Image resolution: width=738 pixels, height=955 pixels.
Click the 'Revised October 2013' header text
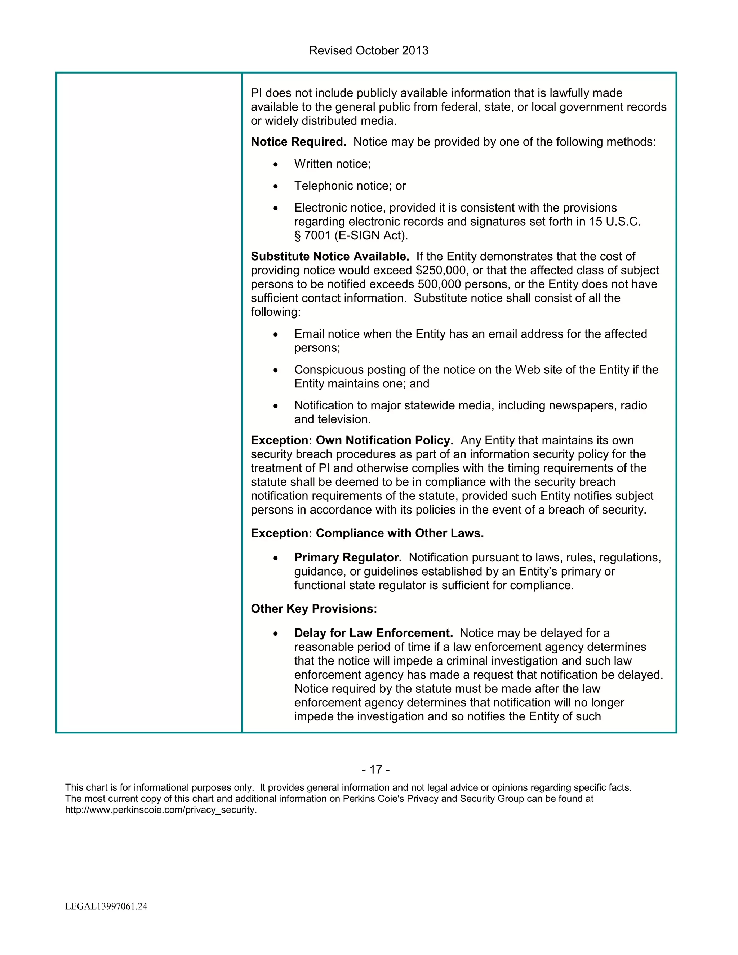(368, 51)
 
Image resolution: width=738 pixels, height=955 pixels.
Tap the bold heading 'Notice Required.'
(298, 142)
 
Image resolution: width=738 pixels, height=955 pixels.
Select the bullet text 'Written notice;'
(332, 164)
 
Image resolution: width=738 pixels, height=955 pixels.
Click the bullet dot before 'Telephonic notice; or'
(275, 186)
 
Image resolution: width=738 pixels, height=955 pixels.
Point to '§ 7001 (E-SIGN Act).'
(351, 236)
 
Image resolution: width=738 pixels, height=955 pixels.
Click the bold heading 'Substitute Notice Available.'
(330, 256)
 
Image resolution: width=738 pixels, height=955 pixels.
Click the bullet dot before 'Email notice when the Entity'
(275, 334)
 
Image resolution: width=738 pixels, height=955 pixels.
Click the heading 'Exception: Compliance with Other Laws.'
(367, 533)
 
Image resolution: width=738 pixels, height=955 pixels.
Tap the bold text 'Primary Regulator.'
(348, 558)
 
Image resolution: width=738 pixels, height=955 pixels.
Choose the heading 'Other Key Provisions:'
(314, 609)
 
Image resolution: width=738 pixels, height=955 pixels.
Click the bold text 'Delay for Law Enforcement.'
(373, 633)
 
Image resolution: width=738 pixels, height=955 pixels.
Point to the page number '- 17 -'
(375, 770)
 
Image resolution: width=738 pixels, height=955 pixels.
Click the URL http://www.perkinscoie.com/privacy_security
(160, 810)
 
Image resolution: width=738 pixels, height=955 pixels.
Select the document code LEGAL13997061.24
(106, 906)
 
